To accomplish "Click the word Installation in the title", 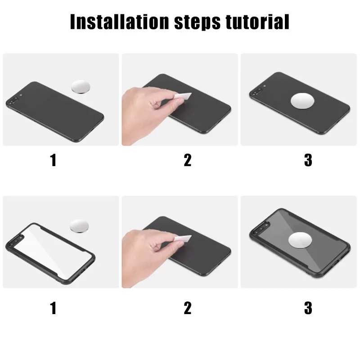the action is pyautogui.click(x=119, y=22).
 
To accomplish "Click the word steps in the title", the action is pyautogui.click(x=197, y=22).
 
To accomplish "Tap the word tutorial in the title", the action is pyautogui.click(x=257, y=22).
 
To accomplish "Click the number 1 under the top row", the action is pyautogui.click(x=53, y=160).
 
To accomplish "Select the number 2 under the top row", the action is pyautogui.click(x=188, y=160).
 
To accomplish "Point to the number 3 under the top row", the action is pyautogui.click(x=308, y=160).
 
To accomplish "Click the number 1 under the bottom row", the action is pyautogui.click(x=53, y=308).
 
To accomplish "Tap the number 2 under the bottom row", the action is pyautogui.click(x=188, y=308).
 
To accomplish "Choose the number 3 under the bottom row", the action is pyautogui.click(x=308, y=308).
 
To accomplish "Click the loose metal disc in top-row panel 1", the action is pyautogui.click(x=81, y=87).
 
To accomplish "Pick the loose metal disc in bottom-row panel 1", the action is pyautogui.click(x=80, y=226).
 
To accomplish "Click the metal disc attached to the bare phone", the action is pyautogui.click(x=302, y=101).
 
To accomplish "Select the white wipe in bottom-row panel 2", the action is pyautogui.click(x=183, y=239).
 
